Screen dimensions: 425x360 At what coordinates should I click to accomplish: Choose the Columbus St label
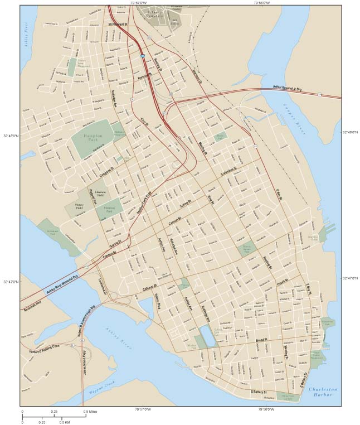point(232,171)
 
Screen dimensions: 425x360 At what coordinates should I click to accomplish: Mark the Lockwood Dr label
point(103,285)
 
